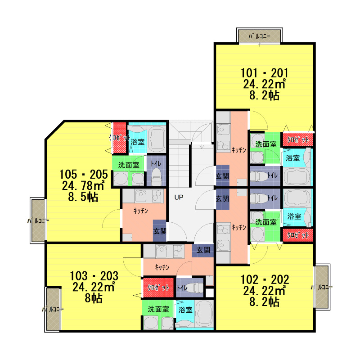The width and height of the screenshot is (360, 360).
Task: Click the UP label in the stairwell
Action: pos(179,197)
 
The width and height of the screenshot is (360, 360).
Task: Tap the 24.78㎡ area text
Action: pos(83,185)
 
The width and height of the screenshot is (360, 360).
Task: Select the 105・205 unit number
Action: pos(84,174)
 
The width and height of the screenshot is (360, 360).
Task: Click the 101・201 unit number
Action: pos(264,73)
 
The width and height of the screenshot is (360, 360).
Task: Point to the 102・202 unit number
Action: pos(265,279)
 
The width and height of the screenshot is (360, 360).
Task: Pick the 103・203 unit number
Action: pos(94,276)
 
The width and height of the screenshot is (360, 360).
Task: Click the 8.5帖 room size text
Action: pos(83,197)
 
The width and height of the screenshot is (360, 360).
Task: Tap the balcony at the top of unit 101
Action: pos(260,36)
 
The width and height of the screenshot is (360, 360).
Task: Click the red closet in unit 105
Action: pos(120,138)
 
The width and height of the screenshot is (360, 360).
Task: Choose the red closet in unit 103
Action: pos(158,288)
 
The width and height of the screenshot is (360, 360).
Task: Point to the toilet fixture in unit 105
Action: pos(156,177)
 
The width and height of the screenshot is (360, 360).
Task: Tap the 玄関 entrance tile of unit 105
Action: pos(160,231)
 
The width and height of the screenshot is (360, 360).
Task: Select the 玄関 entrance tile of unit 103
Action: pos(203,250)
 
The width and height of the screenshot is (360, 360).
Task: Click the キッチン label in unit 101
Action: pos(239,150)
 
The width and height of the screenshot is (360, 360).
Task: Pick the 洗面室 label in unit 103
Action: pos(158,309)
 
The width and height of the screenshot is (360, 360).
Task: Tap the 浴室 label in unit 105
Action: pos(138,142)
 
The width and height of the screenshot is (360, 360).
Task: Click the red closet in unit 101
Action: pos(298,139)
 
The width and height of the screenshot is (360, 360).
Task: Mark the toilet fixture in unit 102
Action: pos(259,198)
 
